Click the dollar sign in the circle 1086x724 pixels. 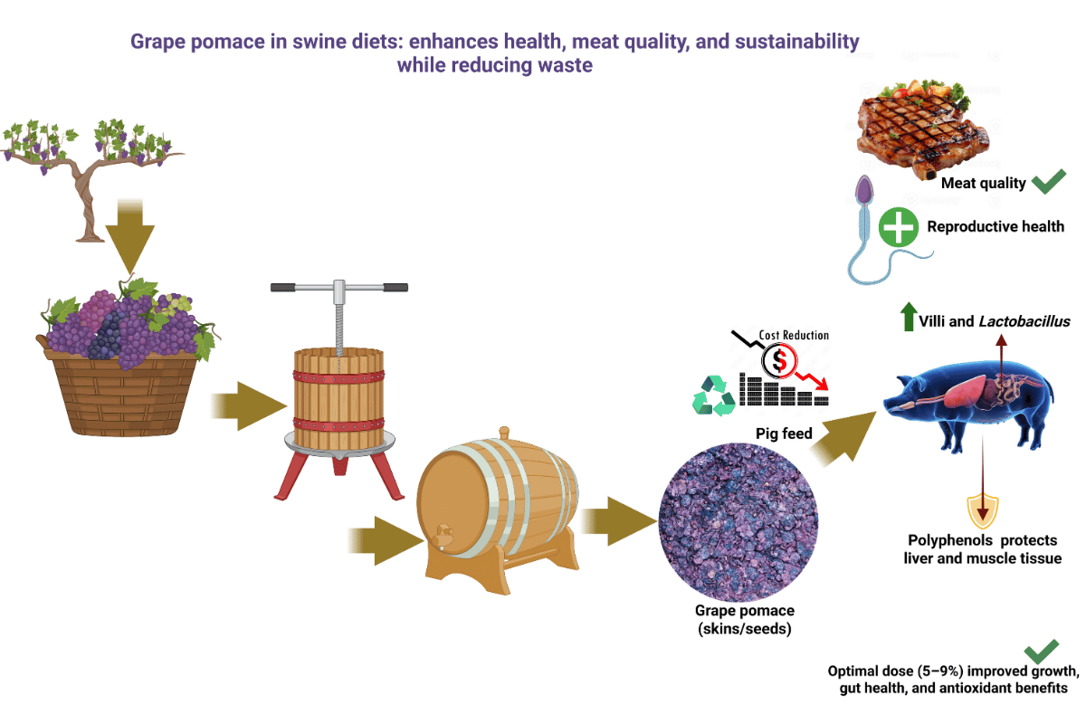click(x=777, y=361)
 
